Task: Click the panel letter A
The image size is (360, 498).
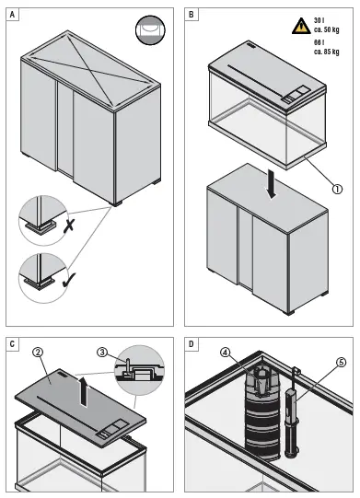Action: click(x=12, y=15)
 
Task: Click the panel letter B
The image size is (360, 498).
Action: click(x=191, y=15)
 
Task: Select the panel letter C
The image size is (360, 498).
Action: click(x=12, y=344)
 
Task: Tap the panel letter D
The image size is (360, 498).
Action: click(x=191, y=344)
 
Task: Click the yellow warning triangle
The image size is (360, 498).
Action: click(x=301, y=26)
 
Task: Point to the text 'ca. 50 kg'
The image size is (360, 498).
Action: click(x=326, y=29)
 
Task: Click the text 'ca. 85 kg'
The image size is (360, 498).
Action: click(x=326, y=52)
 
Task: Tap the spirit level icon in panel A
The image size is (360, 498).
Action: click(x=150, y=30)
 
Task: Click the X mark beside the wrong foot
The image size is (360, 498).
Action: click(x=68, y=226)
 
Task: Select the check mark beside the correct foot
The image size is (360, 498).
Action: click(x=69, y=279)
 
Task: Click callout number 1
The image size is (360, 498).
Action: click(x=337, y=190)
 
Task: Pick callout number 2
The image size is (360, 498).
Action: click(x=38, y=352)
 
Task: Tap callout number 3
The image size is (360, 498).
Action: click(x=102, y=353)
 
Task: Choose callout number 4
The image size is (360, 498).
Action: click(x=226, y=353)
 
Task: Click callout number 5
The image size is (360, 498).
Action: click(x=341, y=363)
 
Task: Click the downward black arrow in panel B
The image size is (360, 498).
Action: click(x=272, y=184)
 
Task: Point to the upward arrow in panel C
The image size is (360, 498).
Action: click(x=84, y=389)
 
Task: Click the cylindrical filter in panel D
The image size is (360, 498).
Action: click(x=262, y=413)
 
